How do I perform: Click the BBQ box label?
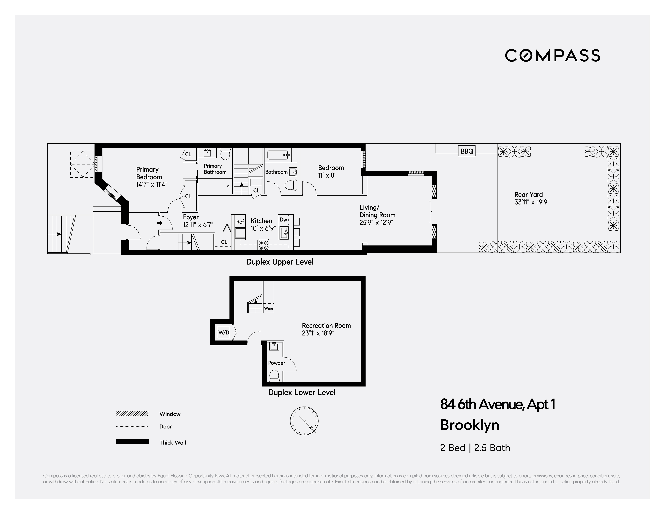point(467,151)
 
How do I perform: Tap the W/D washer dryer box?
point(224,333)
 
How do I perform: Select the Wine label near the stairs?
point(269,308)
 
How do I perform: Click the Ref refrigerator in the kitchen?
point(240,222)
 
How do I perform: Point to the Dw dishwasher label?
point(283,220)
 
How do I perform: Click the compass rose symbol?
point(304,421)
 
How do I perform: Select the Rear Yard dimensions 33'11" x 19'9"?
point(532,202)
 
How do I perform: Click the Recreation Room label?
point(326,326)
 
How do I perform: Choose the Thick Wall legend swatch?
point(132,442)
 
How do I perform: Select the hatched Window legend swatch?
point(132,414)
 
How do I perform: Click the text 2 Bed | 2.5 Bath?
point(475,448)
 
